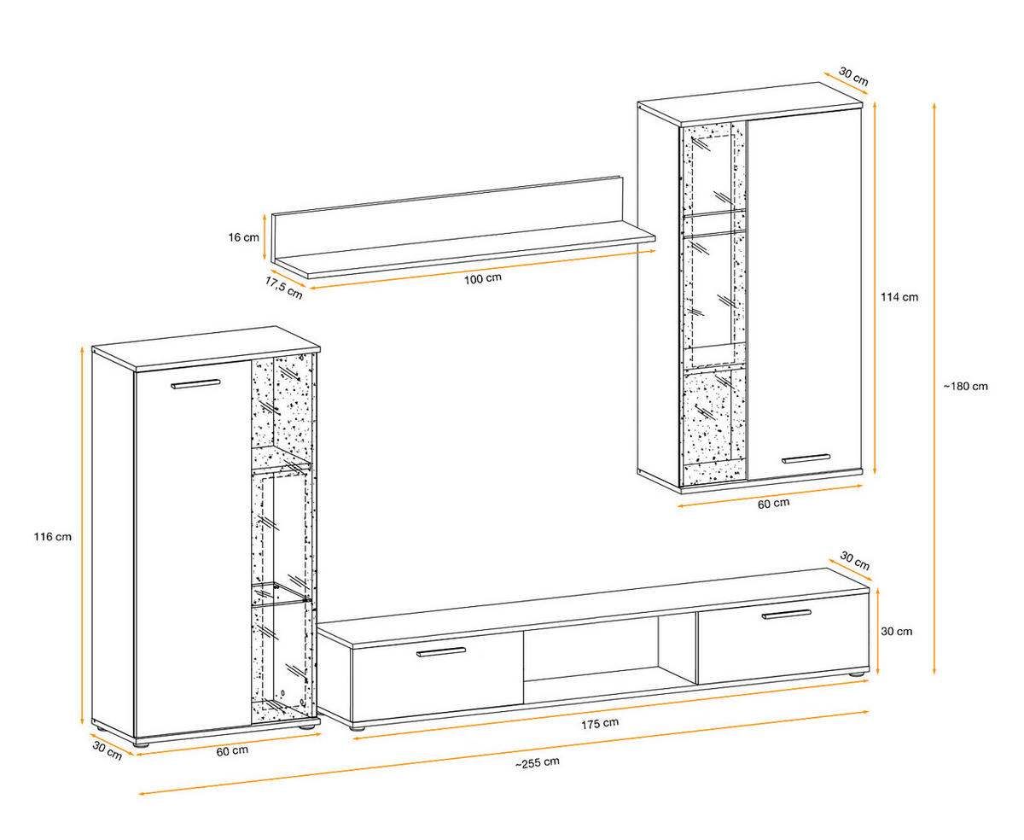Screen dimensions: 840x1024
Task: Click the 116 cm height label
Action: click(53, 537)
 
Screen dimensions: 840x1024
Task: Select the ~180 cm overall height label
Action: click(965, 386)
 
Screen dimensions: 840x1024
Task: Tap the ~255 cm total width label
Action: click(538, 762)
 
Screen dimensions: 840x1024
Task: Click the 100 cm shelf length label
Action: click(483, 279)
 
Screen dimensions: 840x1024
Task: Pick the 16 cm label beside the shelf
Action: click(245, 237)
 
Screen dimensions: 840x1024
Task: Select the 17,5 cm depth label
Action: click(282, 287)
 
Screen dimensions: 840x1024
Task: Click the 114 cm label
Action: click(899, 297)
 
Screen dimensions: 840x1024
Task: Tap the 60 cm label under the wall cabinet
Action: click(773, 504)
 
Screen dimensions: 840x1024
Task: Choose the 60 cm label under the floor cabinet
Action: click(232, 751)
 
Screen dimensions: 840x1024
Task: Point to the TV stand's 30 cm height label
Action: click(896, 632)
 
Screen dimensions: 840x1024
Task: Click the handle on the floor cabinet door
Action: click(195, 384)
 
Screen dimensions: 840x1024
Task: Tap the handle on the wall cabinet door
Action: click(806, 458)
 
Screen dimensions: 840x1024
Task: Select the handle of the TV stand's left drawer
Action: click(441, 653)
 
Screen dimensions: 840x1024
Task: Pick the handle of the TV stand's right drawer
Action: click(787, 613)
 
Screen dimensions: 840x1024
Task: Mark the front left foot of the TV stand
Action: click(357, 728)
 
